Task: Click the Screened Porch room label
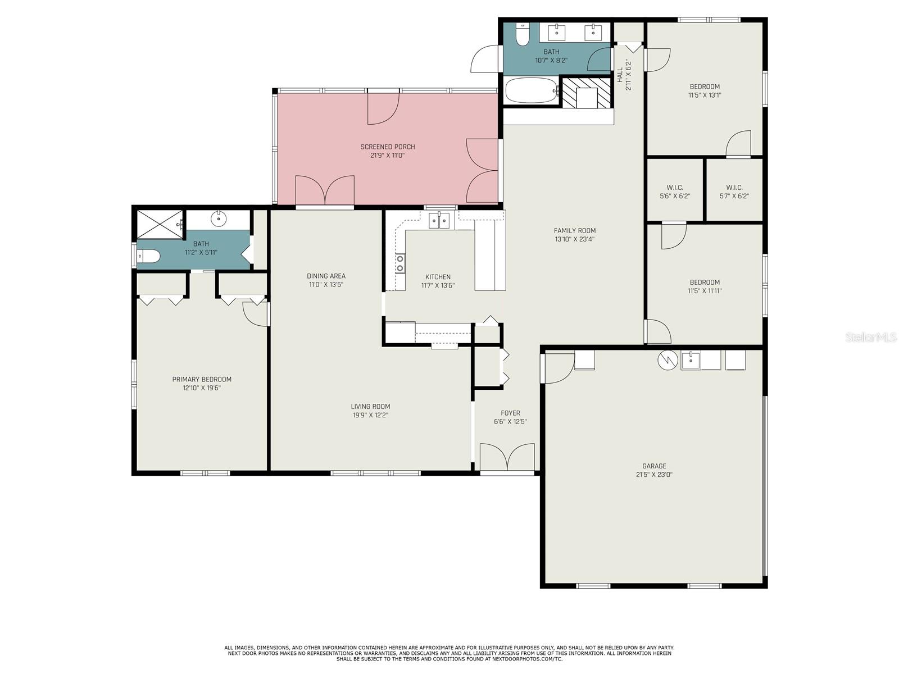(x=388, y=147)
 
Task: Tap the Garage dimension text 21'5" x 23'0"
(x=654, y=475)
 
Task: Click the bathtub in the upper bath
(x=532, y=90)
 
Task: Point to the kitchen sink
(x=439, y=220)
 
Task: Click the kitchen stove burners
(x=399, y=263)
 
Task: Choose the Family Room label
(x=575, y=230)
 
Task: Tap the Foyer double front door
(x=507, y=458)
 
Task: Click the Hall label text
(x=620, y=75)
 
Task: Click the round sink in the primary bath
(x=219, y=218)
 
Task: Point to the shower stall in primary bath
(x=160, y=224)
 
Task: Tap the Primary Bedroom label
(x=202, y=379)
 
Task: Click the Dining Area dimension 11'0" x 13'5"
(x=326, y=285)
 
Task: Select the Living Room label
(x=370, y=406)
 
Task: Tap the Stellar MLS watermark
(x=871, y=337)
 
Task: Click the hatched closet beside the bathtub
(x=586, y=93)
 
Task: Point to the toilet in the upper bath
(x=522, y=34)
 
